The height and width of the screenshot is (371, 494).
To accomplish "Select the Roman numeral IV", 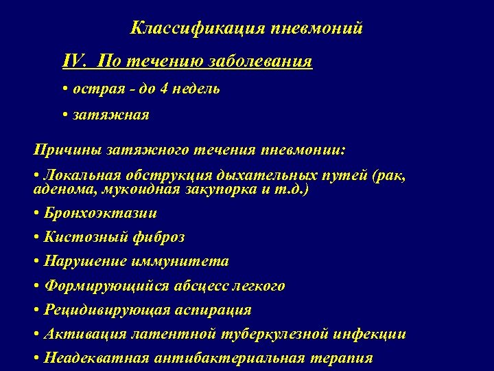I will click(x=75, y=63).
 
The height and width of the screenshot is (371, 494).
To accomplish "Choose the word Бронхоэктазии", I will click(x=100, y=213).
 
